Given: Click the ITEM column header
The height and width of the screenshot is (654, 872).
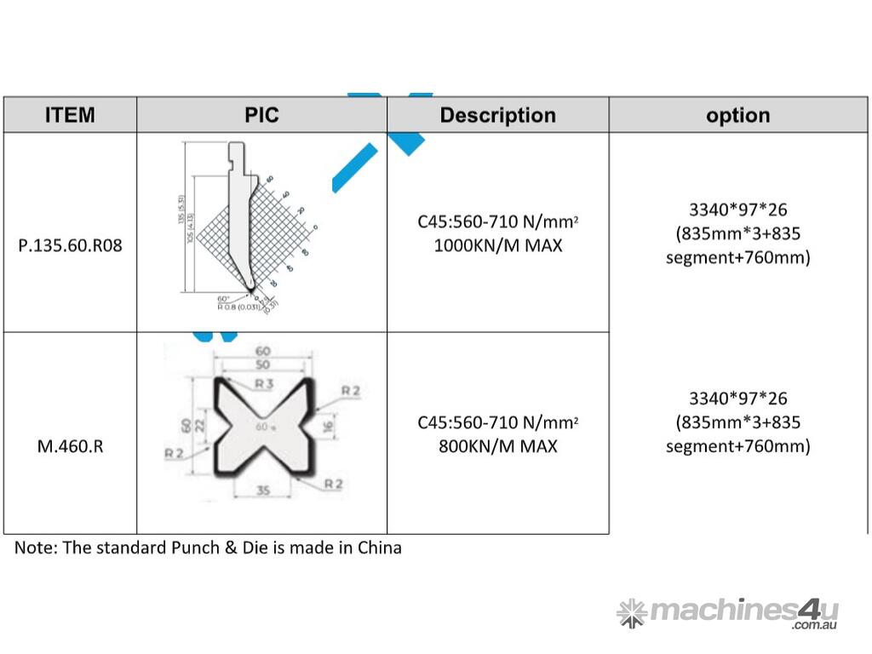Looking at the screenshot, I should (x=70, y=115).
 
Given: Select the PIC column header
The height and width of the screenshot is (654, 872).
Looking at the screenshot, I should (x=261, y=115).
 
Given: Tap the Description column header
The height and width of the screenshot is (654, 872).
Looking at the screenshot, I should (x=497, y=115).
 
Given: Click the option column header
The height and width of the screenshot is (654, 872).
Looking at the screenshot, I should (x=737, y=115).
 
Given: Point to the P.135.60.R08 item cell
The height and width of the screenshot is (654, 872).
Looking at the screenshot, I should (x=70, y=247).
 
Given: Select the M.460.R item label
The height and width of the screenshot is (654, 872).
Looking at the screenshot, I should (x=70, y=446).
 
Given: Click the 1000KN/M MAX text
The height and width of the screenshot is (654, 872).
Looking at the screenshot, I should (x=497, y=247).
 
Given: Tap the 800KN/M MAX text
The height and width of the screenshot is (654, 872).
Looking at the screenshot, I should (x=497, y=446).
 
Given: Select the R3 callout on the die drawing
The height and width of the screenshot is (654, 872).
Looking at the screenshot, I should (x=263, y=385).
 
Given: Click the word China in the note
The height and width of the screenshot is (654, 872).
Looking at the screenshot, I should (x=379, y=548).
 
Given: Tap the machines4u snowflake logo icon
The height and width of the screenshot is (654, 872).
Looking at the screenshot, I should (x=631, y=612).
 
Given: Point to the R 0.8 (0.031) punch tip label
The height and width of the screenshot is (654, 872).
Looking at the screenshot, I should (x=239, y=307).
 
